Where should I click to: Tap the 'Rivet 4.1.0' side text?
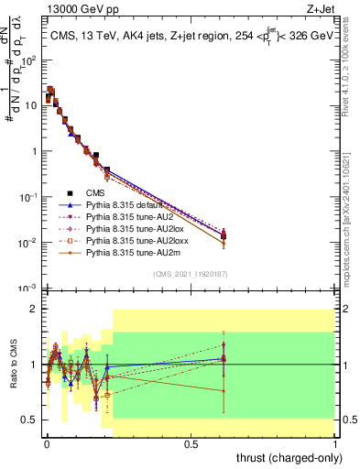(x=347, y=69)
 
